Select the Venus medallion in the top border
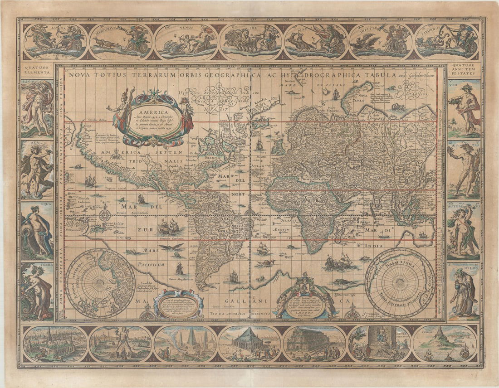click(186, 41)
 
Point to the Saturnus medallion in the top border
click(446, 41)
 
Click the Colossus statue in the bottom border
click(120, 344)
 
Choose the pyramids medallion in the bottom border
click(185, 344)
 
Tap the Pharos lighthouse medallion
click(445, 344)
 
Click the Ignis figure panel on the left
click(37, 109)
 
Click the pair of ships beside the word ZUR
click(168, 226)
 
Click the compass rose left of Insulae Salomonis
click(105, 213)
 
